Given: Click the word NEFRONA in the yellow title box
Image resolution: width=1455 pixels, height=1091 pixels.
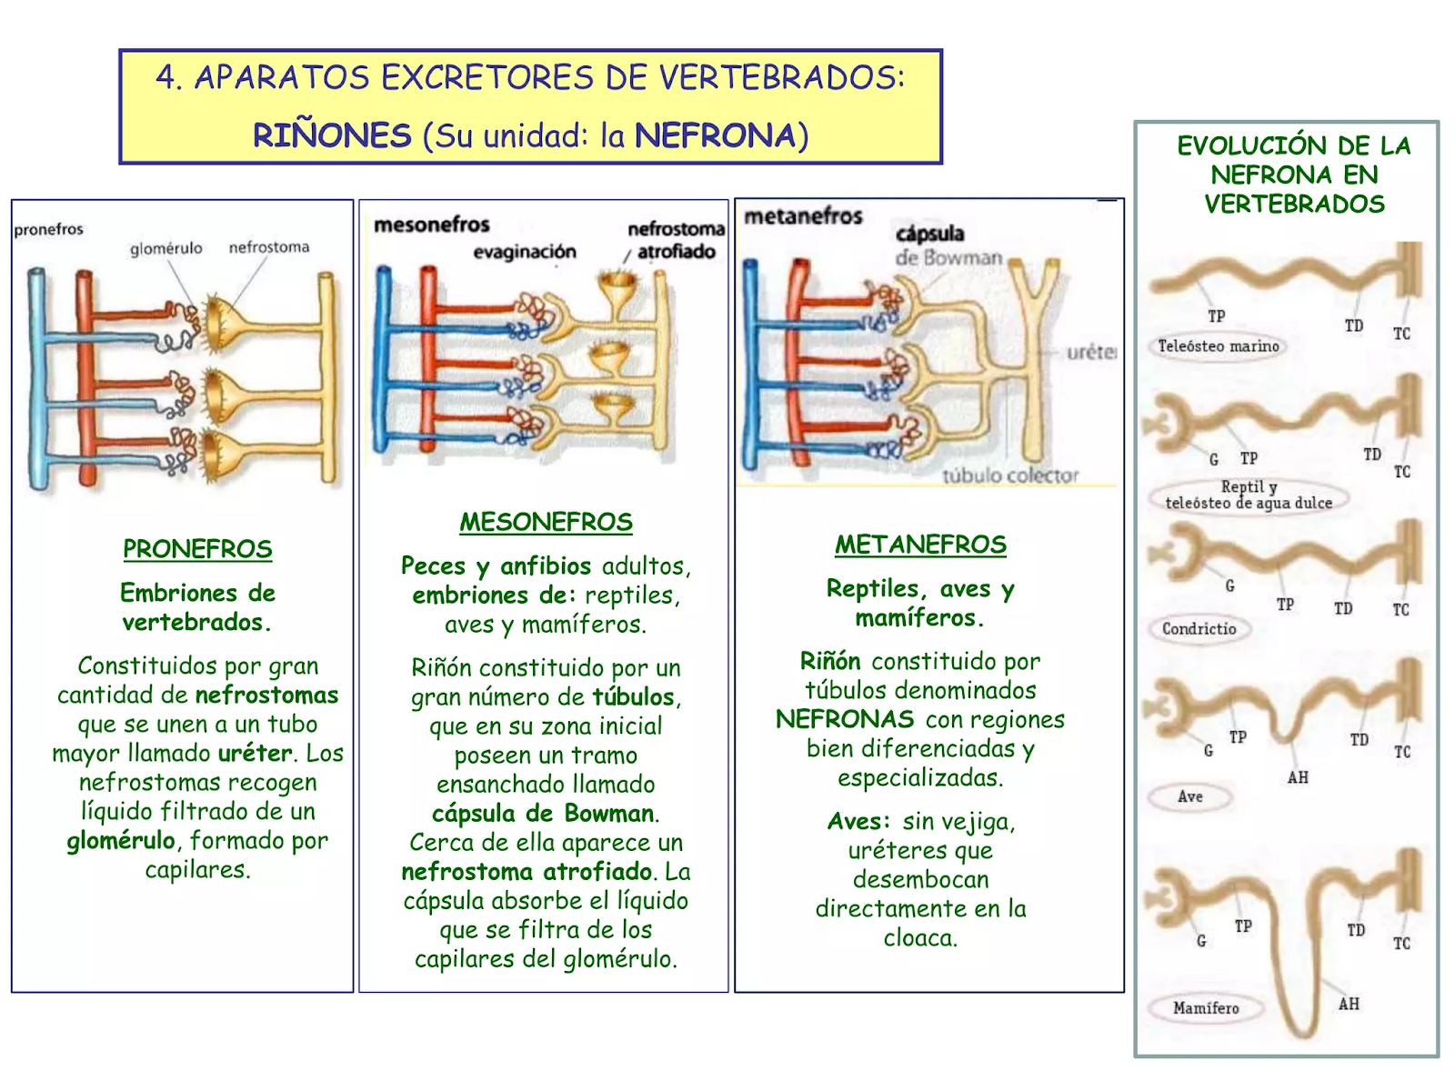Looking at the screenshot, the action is click(x=715, y=135).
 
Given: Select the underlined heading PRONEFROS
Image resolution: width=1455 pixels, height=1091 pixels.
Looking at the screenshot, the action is click(x=197, y=549).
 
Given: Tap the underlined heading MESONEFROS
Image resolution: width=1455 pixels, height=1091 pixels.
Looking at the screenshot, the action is click(x=546, y=522).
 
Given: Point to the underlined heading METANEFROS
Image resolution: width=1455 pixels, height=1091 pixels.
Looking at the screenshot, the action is click(x=920, y=545).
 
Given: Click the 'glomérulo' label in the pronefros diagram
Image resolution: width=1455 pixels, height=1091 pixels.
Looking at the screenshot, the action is click(x=166, y=248).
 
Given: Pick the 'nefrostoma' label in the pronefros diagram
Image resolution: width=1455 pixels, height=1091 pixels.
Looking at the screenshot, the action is click(x=269, y=247).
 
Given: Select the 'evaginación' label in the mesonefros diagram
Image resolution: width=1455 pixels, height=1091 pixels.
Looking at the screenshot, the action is click(x=525, y=252).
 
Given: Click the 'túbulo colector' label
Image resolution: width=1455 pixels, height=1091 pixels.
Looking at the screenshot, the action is click(x=1010, y=475).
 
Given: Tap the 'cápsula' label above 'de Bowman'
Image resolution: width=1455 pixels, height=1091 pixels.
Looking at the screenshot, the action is click(x=929, y=234).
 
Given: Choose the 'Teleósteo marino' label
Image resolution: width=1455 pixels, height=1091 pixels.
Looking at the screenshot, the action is click(x=1219, y=346).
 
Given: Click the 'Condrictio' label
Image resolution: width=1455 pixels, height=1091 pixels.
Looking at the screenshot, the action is click(x=1199, y=628).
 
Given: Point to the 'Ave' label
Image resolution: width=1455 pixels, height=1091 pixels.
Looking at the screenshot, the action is click(x=1190, y=797).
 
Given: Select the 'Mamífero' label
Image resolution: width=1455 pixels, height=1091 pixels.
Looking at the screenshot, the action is click(x=1206, y=1008).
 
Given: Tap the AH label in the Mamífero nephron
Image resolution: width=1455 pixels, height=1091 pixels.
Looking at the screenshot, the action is click(x=1349, y=1004).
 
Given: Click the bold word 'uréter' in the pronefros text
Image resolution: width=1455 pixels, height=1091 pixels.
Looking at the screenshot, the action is click(x=255, y=753).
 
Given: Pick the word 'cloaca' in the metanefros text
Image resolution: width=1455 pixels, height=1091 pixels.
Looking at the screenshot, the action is click(x=919, y=937).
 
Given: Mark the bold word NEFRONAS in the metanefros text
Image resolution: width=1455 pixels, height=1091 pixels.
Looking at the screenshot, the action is click(x=845, y=719).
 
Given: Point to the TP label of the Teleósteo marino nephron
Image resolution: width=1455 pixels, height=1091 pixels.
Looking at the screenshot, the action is click(x=1217, y=316).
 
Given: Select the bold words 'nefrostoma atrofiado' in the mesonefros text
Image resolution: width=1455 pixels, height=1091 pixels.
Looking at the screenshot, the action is click(x=527, y=872).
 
